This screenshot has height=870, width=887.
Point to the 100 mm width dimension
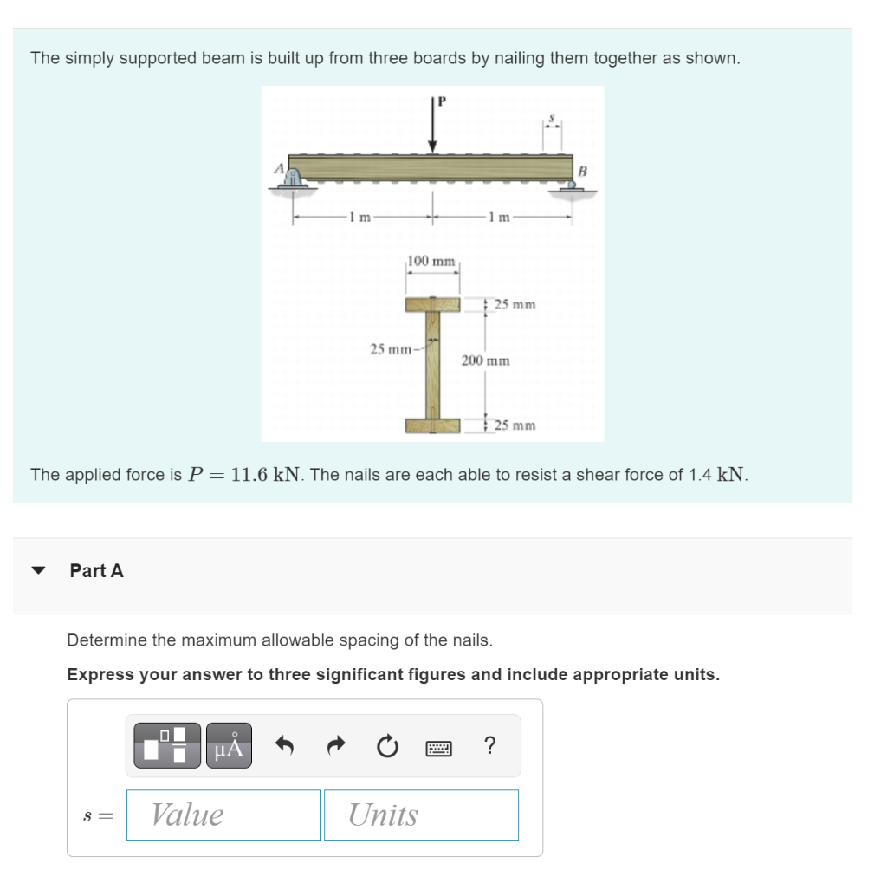(x=431, y=261)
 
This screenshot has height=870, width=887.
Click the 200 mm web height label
(x=485, y=360)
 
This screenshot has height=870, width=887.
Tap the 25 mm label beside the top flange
(x=515, y=304)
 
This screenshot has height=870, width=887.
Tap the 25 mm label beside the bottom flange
(x=515, y=425)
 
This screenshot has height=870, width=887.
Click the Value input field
(x=223, y=815)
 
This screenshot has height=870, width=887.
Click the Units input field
(x=421, y=815)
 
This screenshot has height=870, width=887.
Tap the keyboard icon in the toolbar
(x=438, y=746)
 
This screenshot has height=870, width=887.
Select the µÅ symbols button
(x=228, y=745)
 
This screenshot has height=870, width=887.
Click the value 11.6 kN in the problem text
(x=268, y=474)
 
